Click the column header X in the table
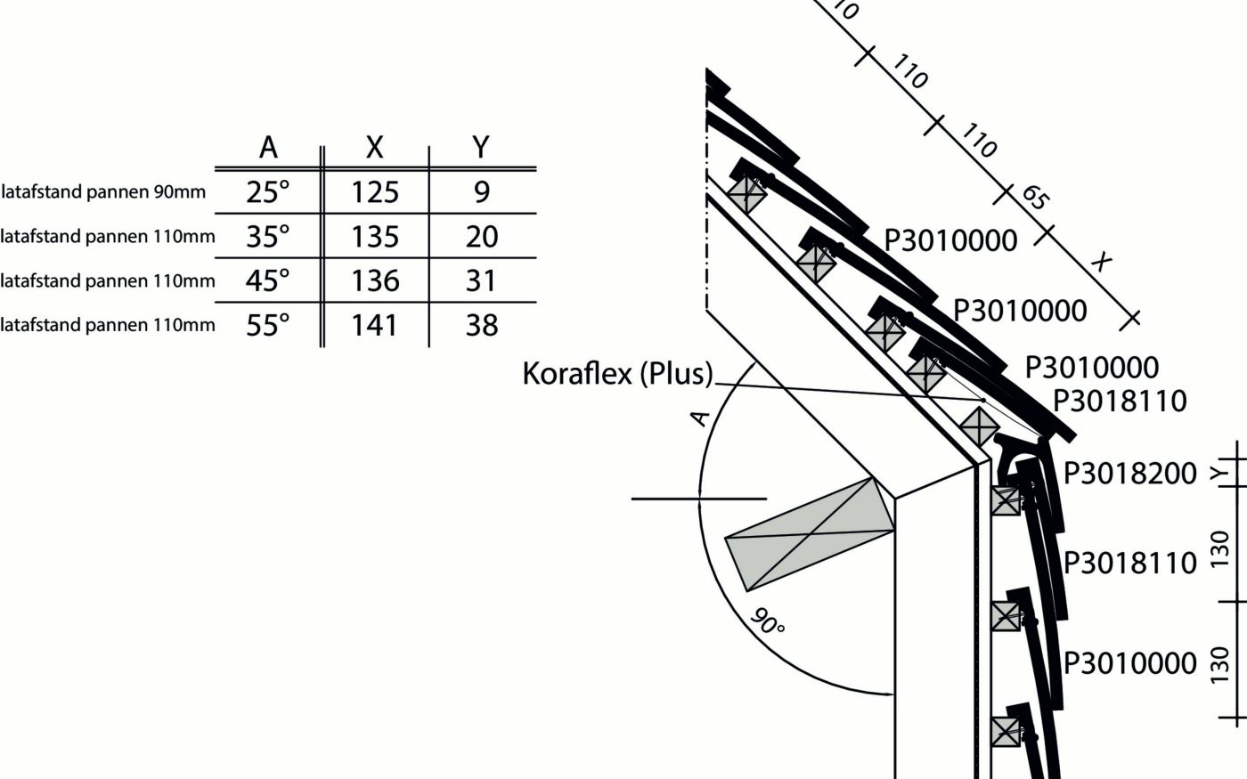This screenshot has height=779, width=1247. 375,148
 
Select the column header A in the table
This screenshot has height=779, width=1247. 268,148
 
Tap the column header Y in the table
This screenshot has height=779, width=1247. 481,148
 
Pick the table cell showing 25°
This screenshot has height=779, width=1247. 268,191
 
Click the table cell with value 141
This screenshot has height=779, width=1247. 375,325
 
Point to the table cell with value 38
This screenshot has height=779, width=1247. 481,325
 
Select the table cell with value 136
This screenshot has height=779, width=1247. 375,280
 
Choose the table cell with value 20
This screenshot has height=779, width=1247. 481,236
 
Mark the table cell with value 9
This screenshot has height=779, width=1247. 481,191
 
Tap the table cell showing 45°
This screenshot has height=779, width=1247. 268,280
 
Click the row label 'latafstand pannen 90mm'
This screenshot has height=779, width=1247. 103,192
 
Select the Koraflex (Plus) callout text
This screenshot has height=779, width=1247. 618,373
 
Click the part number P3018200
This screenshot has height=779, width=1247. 1130,474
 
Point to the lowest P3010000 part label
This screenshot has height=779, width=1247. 1130,663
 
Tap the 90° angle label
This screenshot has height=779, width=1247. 767,621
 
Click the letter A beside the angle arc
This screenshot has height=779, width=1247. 702,417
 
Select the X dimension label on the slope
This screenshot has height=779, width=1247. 1102,262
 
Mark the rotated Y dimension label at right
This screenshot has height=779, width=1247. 1219,474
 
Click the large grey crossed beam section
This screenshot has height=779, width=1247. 811,533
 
